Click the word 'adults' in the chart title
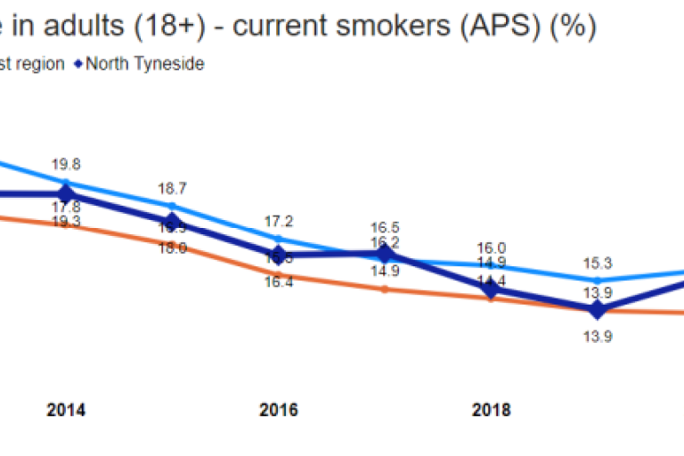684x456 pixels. [68, 27]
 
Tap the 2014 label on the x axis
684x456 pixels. [66, 411]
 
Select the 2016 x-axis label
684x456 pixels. [279, 411]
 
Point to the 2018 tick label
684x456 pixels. [491, 411]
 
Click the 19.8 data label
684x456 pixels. [66, 164]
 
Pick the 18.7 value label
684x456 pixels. [173, 189]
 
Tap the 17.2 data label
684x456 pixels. [279, 222]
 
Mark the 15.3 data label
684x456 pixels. [597, 264]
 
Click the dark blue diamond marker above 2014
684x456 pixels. [66, 193]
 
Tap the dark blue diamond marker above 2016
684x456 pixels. [279, 255]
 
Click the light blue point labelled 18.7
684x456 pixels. [173, 206]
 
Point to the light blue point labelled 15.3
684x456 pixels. [597, 281]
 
